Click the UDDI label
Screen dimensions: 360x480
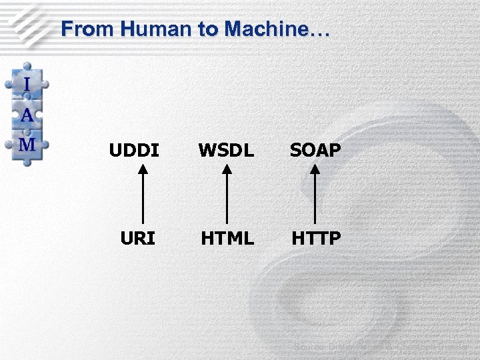click(135, 151)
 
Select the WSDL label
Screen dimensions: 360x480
click(227, 151)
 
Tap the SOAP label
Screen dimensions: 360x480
click(315, 151)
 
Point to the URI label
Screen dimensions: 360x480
click(138, 238)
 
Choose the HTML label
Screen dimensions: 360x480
click(227, 238)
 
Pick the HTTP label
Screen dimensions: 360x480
click(315, 238)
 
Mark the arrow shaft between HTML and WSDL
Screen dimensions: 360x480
click(227, 200)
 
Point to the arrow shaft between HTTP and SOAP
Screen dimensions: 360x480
click(315, 200)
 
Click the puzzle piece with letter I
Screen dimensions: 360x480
click(27, 84)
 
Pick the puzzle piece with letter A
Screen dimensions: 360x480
click(27, 115)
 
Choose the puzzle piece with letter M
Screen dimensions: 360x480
click(27, 144)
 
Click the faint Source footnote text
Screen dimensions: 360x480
click(383, 347)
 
